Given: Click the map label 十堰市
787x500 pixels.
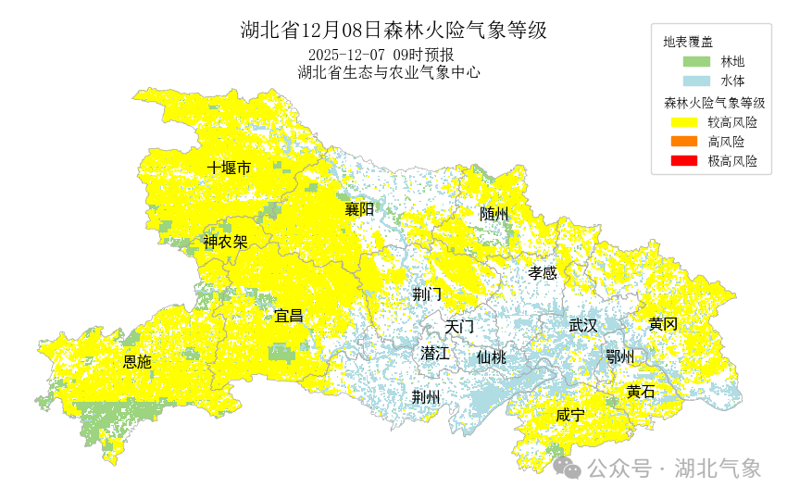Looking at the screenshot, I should (x=229, y=168).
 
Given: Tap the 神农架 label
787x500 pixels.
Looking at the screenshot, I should (x=225, y=243).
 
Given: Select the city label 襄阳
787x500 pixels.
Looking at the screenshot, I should (x=359, y=209).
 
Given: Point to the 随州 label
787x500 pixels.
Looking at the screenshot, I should (x=493, y=214).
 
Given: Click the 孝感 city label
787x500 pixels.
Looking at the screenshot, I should (x=543, y=272).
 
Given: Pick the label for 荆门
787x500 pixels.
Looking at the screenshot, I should (x=427, y=294).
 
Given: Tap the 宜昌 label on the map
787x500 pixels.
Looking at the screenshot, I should (x=289, y=316).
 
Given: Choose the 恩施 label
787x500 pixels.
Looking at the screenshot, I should (x=137, y=362).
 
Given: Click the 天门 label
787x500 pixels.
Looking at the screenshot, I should (x=459, y=327).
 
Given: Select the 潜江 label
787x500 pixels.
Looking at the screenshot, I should (x=434, y=353).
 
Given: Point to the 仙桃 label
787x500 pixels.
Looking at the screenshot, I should (x=492, y=356).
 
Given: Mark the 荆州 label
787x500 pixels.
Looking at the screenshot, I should (x=426, y=396).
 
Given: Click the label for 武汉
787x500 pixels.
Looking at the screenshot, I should (x=583, y=325).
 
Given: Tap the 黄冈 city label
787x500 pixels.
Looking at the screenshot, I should (x=663, y=324).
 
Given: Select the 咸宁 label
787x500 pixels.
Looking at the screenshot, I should (x=570, y=415).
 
